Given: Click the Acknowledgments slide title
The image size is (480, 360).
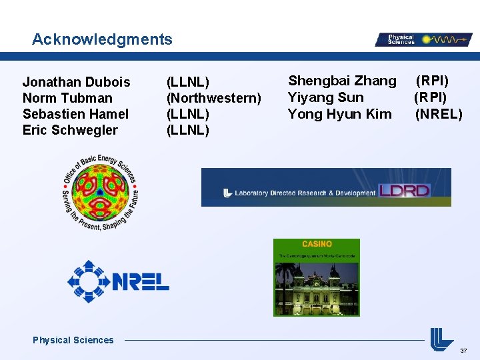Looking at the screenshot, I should click(x=102, y=39).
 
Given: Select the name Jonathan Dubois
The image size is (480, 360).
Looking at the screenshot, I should click(x=77, y=82).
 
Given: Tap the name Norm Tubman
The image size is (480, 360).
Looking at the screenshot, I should click(x=67, y=98).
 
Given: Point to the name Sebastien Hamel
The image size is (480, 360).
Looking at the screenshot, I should click(x=75, y=114).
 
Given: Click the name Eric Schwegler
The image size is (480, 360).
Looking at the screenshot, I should click(x=70, y=130).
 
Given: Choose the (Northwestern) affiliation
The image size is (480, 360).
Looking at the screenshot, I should click(x=213, y=98).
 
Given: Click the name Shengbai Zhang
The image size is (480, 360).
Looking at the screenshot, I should click(x=342, y=81).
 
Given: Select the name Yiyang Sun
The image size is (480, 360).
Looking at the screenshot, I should click(x=325, y=97).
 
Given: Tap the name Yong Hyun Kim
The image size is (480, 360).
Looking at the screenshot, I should click(x=339, y=114).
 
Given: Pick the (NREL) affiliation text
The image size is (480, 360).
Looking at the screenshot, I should click(x=439, y=114).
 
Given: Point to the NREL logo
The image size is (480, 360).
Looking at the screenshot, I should click(x=119, y=281).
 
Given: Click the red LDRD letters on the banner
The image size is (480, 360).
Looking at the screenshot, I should click(x=404, y=191).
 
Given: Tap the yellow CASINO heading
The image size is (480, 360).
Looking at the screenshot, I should click(x=317, y=244).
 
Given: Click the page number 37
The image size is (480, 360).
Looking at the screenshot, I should click(x=464, y=351).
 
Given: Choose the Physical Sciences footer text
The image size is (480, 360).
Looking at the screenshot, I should click(x=73, y=340).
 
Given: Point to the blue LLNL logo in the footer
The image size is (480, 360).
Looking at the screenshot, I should click(x=441, y=339).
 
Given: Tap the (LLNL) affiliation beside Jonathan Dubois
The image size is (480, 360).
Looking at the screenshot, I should click(x=188, y=82).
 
